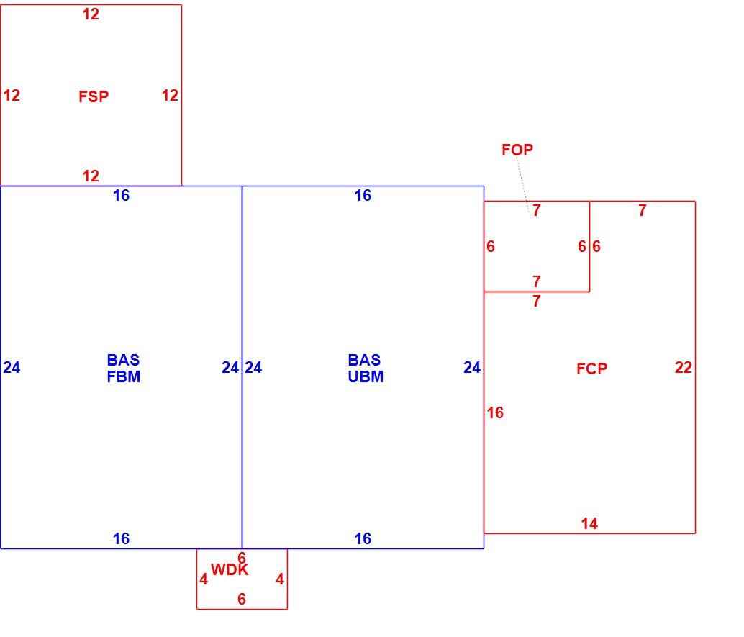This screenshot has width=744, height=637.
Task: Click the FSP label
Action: [x=94, y=96]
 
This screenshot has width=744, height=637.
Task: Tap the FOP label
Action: [x=517, y=150]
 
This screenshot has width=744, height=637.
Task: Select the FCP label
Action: [x=591, y=369]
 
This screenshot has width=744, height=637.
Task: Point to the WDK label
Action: [x=230, y=569]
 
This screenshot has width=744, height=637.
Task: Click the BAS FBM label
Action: [x=123, y=368]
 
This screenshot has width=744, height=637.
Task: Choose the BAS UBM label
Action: [x=366, y=368]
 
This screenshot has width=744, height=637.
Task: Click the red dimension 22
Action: [x=684, y=367]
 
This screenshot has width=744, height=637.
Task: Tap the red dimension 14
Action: [x=589, y=523]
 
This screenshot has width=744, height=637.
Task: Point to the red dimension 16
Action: [x=495, y=412]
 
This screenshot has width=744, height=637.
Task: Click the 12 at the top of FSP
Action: [x=91, y=14]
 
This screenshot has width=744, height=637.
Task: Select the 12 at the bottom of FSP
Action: [x=91, y=176]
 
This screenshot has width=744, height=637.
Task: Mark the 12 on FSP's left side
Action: [x=12, y=96]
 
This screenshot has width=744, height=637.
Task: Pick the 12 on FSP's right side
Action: [x=170, y=96]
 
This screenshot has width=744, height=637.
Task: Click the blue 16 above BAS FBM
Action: [x=121, y=195]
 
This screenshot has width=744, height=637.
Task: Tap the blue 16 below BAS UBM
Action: [x=363, y=538]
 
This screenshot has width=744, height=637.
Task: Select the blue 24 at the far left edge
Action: [x=12, y=367]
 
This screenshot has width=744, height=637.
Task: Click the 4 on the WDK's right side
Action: [x=280, y=579]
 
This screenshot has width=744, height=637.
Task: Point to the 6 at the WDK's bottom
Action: [x=242, y=599]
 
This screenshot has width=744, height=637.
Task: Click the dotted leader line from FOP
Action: [x=523, y=185]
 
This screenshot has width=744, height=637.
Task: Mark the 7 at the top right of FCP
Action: [x=642, y=210]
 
